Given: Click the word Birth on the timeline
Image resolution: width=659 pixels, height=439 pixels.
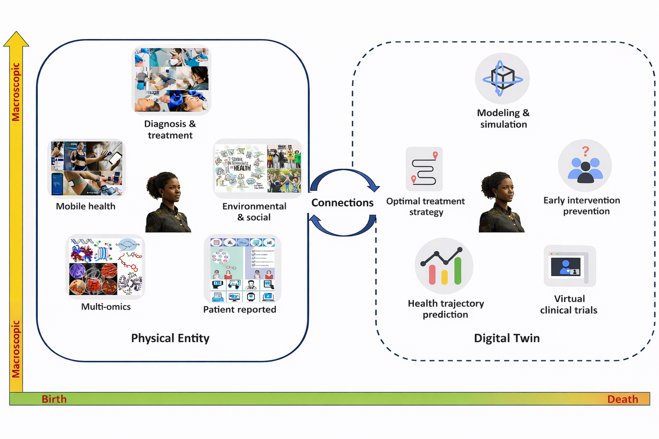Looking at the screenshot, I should (54, 399).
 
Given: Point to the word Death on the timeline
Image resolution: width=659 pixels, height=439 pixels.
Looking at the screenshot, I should (622, 399).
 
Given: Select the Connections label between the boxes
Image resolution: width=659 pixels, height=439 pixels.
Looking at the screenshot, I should (342, 202).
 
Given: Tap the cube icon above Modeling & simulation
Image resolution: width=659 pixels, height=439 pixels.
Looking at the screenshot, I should (502, 78).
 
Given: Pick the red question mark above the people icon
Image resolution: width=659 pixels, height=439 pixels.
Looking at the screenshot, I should (586, 149).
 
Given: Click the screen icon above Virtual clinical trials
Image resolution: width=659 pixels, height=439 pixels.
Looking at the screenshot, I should (569, 266).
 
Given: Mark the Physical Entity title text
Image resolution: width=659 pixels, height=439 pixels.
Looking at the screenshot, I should (170, 337).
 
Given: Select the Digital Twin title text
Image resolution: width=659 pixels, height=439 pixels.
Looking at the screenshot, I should (507, 338).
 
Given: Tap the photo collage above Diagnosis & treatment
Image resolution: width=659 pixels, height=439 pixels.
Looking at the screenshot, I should (171, 80).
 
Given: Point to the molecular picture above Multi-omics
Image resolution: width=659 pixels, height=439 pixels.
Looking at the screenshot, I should (105, 267).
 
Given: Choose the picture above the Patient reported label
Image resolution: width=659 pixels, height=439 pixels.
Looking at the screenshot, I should (242, 269).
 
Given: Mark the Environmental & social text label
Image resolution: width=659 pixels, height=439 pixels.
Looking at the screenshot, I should (254, 211).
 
